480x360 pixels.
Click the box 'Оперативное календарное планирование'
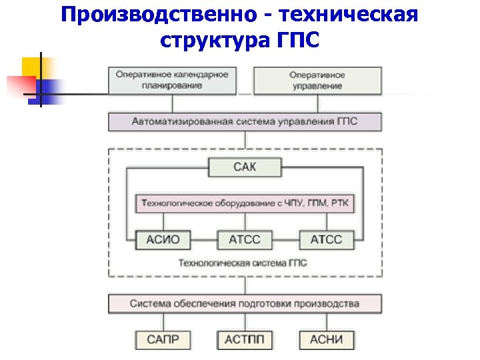(172, 81)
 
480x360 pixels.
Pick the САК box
(245, 167)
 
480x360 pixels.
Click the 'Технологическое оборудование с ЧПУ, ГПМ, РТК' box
(245, 203)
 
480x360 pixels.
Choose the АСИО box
(163, 239)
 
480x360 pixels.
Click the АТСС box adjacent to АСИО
(245, 239)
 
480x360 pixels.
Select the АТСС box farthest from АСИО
(327, 239)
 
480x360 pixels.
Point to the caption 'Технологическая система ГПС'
(242, 263)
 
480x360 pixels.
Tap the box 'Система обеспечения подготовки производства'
(245, 304)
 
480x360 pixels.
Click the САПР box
(163, 339)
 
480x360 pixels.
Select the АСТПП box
(245, 339)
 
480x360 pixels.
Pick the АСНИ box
(327, 339)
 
